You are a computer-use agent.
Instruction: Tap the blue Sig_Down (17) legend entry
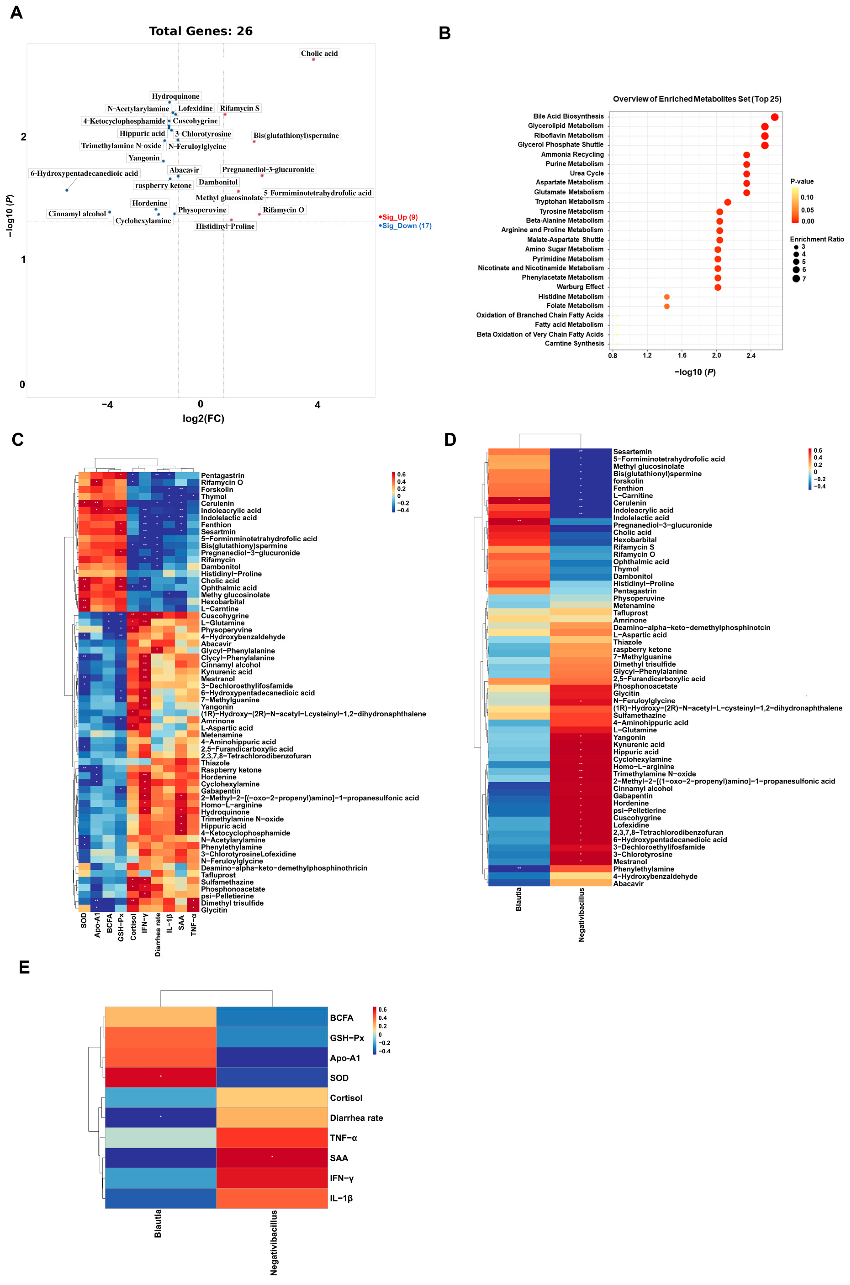coord(406,226)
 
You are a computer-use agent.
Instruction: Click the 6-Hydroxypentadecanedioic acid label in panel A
coord(84,173)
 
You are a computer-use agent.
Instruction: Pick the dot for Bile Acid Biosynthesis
coord(775,117)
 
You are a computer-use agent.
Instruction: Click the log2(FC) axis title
coord(203,418)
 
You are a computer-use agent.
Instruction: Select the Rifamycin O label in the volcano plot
coord(283,210)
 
